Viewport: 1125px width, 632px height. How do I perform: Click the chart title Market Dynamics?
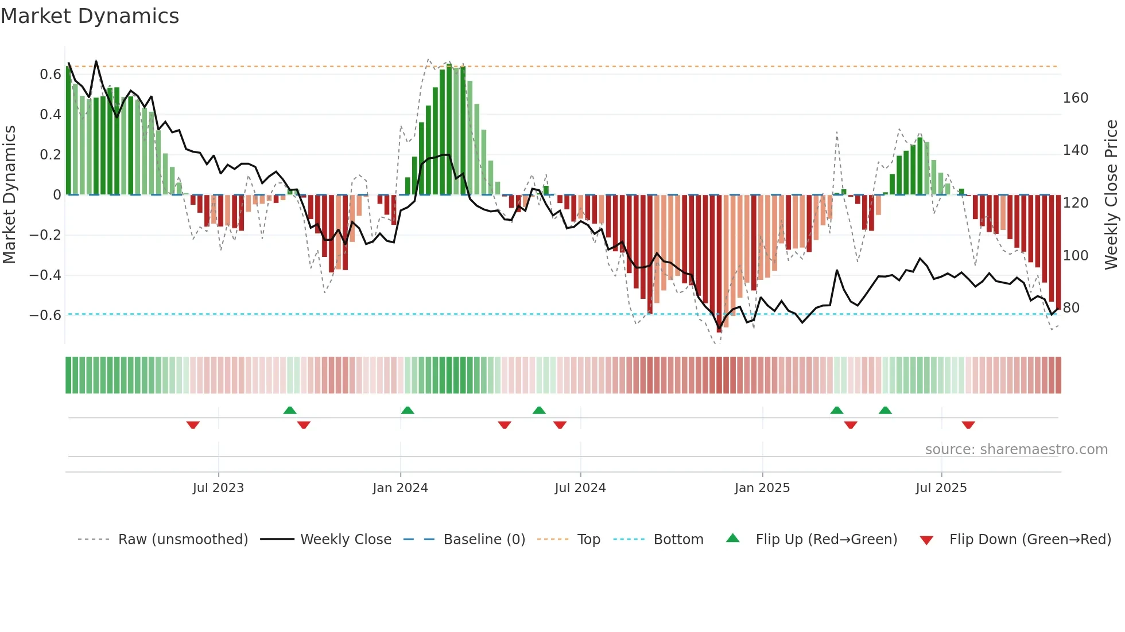90,16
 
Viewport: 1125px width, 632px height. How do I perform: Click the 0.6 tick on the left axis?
51,75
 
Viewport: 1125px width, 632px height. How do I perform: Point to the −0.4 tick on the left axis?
45,275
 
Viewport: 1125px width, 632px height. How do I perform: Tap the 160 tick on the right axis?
1075,98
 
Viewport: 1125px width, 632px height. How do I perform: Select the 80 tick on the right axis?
1071,308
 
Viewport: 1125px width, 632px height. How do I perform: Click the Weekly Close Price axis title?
1111,195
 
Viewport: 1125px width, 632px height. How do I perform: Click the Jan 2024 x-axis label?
400,488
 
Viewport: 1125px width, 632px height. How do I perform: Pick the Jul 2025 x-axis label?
941,488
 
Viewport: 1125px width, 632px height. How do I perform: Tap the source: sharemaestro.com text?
1016,450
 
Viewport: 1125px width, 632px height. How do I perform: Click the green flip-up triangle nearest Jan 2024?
408,411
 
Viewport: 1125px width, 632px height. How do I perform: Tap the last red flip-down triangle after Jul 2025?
968,425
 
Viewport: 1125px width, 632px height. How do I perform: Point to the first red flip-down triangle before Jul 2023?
193,425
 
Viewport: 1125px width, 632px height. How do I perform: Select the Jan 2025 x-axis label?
762,488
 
